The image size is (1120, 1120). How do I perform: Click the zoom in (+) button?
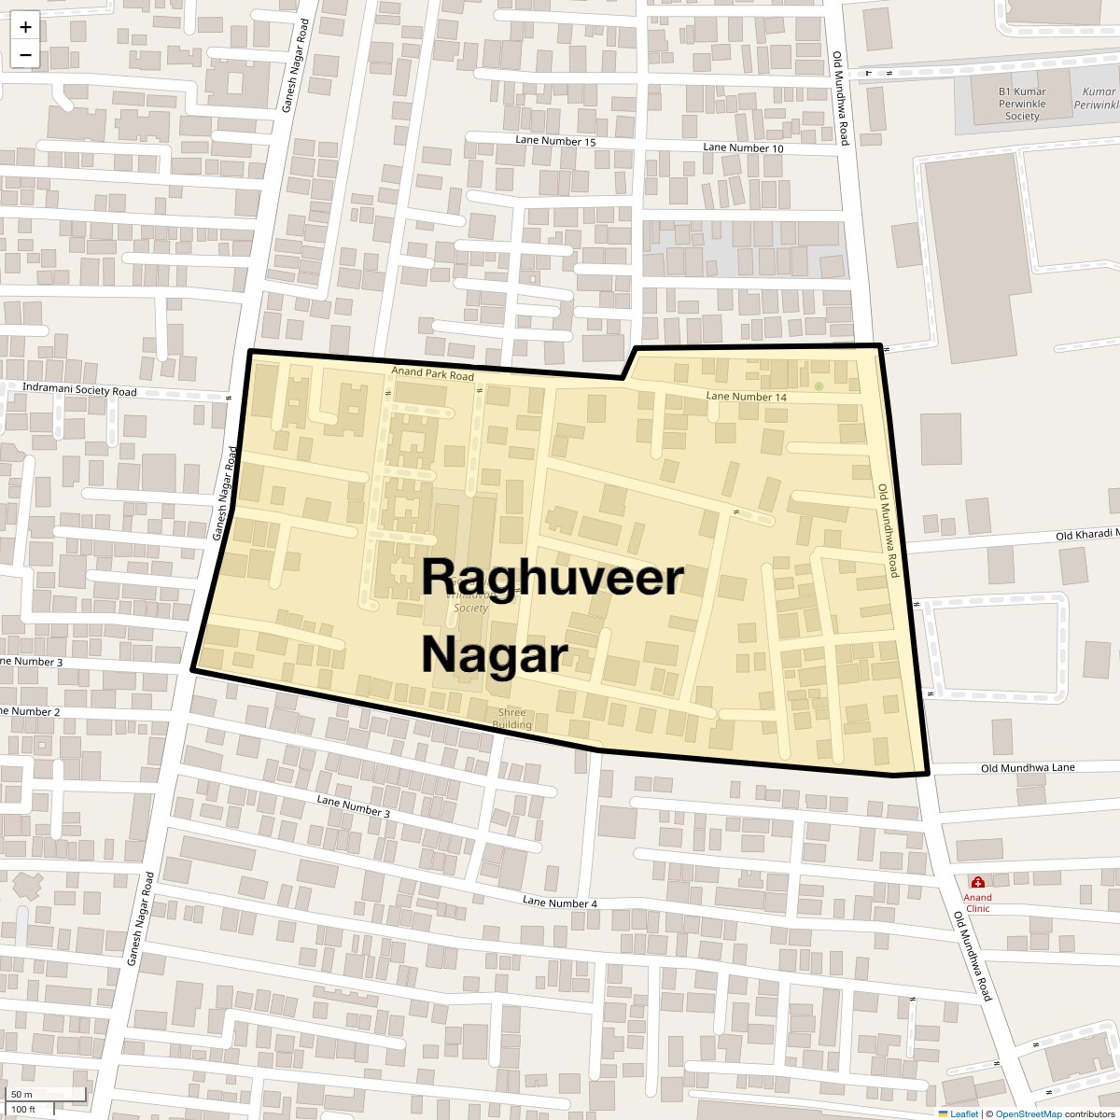(25, 27)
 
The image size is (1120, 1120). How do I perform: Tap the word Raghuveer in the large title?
(552, 577)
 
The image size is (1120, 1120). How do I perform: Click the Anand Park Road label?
(432, 375)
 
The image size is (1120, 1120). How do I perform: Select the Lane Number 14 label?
(747, 397)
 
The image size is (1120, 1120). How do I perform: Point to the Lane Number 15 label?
(555, 141)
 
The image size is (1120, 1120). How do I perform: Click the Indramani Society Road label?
(80, 391)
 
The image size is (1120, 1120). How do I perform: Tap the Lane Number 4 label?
(560, 903)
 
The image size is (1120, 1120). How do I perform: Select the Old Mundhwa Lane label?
(1028, 767)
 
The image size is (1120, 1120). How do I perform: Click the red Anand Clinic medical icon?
(977, 882)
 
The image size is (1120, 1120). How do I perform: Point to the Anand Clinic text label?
(977, 903)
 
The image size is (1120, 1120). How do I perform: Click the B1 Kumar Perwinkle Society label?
(1022, 104)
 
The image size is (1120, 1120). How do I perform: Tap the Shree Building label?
(511, 719)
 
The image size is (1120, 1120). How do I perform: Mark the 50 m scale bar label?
(22, 1094)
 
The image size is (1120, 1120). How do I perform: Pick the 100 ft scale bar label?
(23, 1110)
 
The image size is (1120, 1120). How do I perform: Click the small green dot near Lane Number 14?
(819, 386)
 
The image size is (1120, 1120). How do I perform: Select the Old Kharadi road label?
(1086, 535)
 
